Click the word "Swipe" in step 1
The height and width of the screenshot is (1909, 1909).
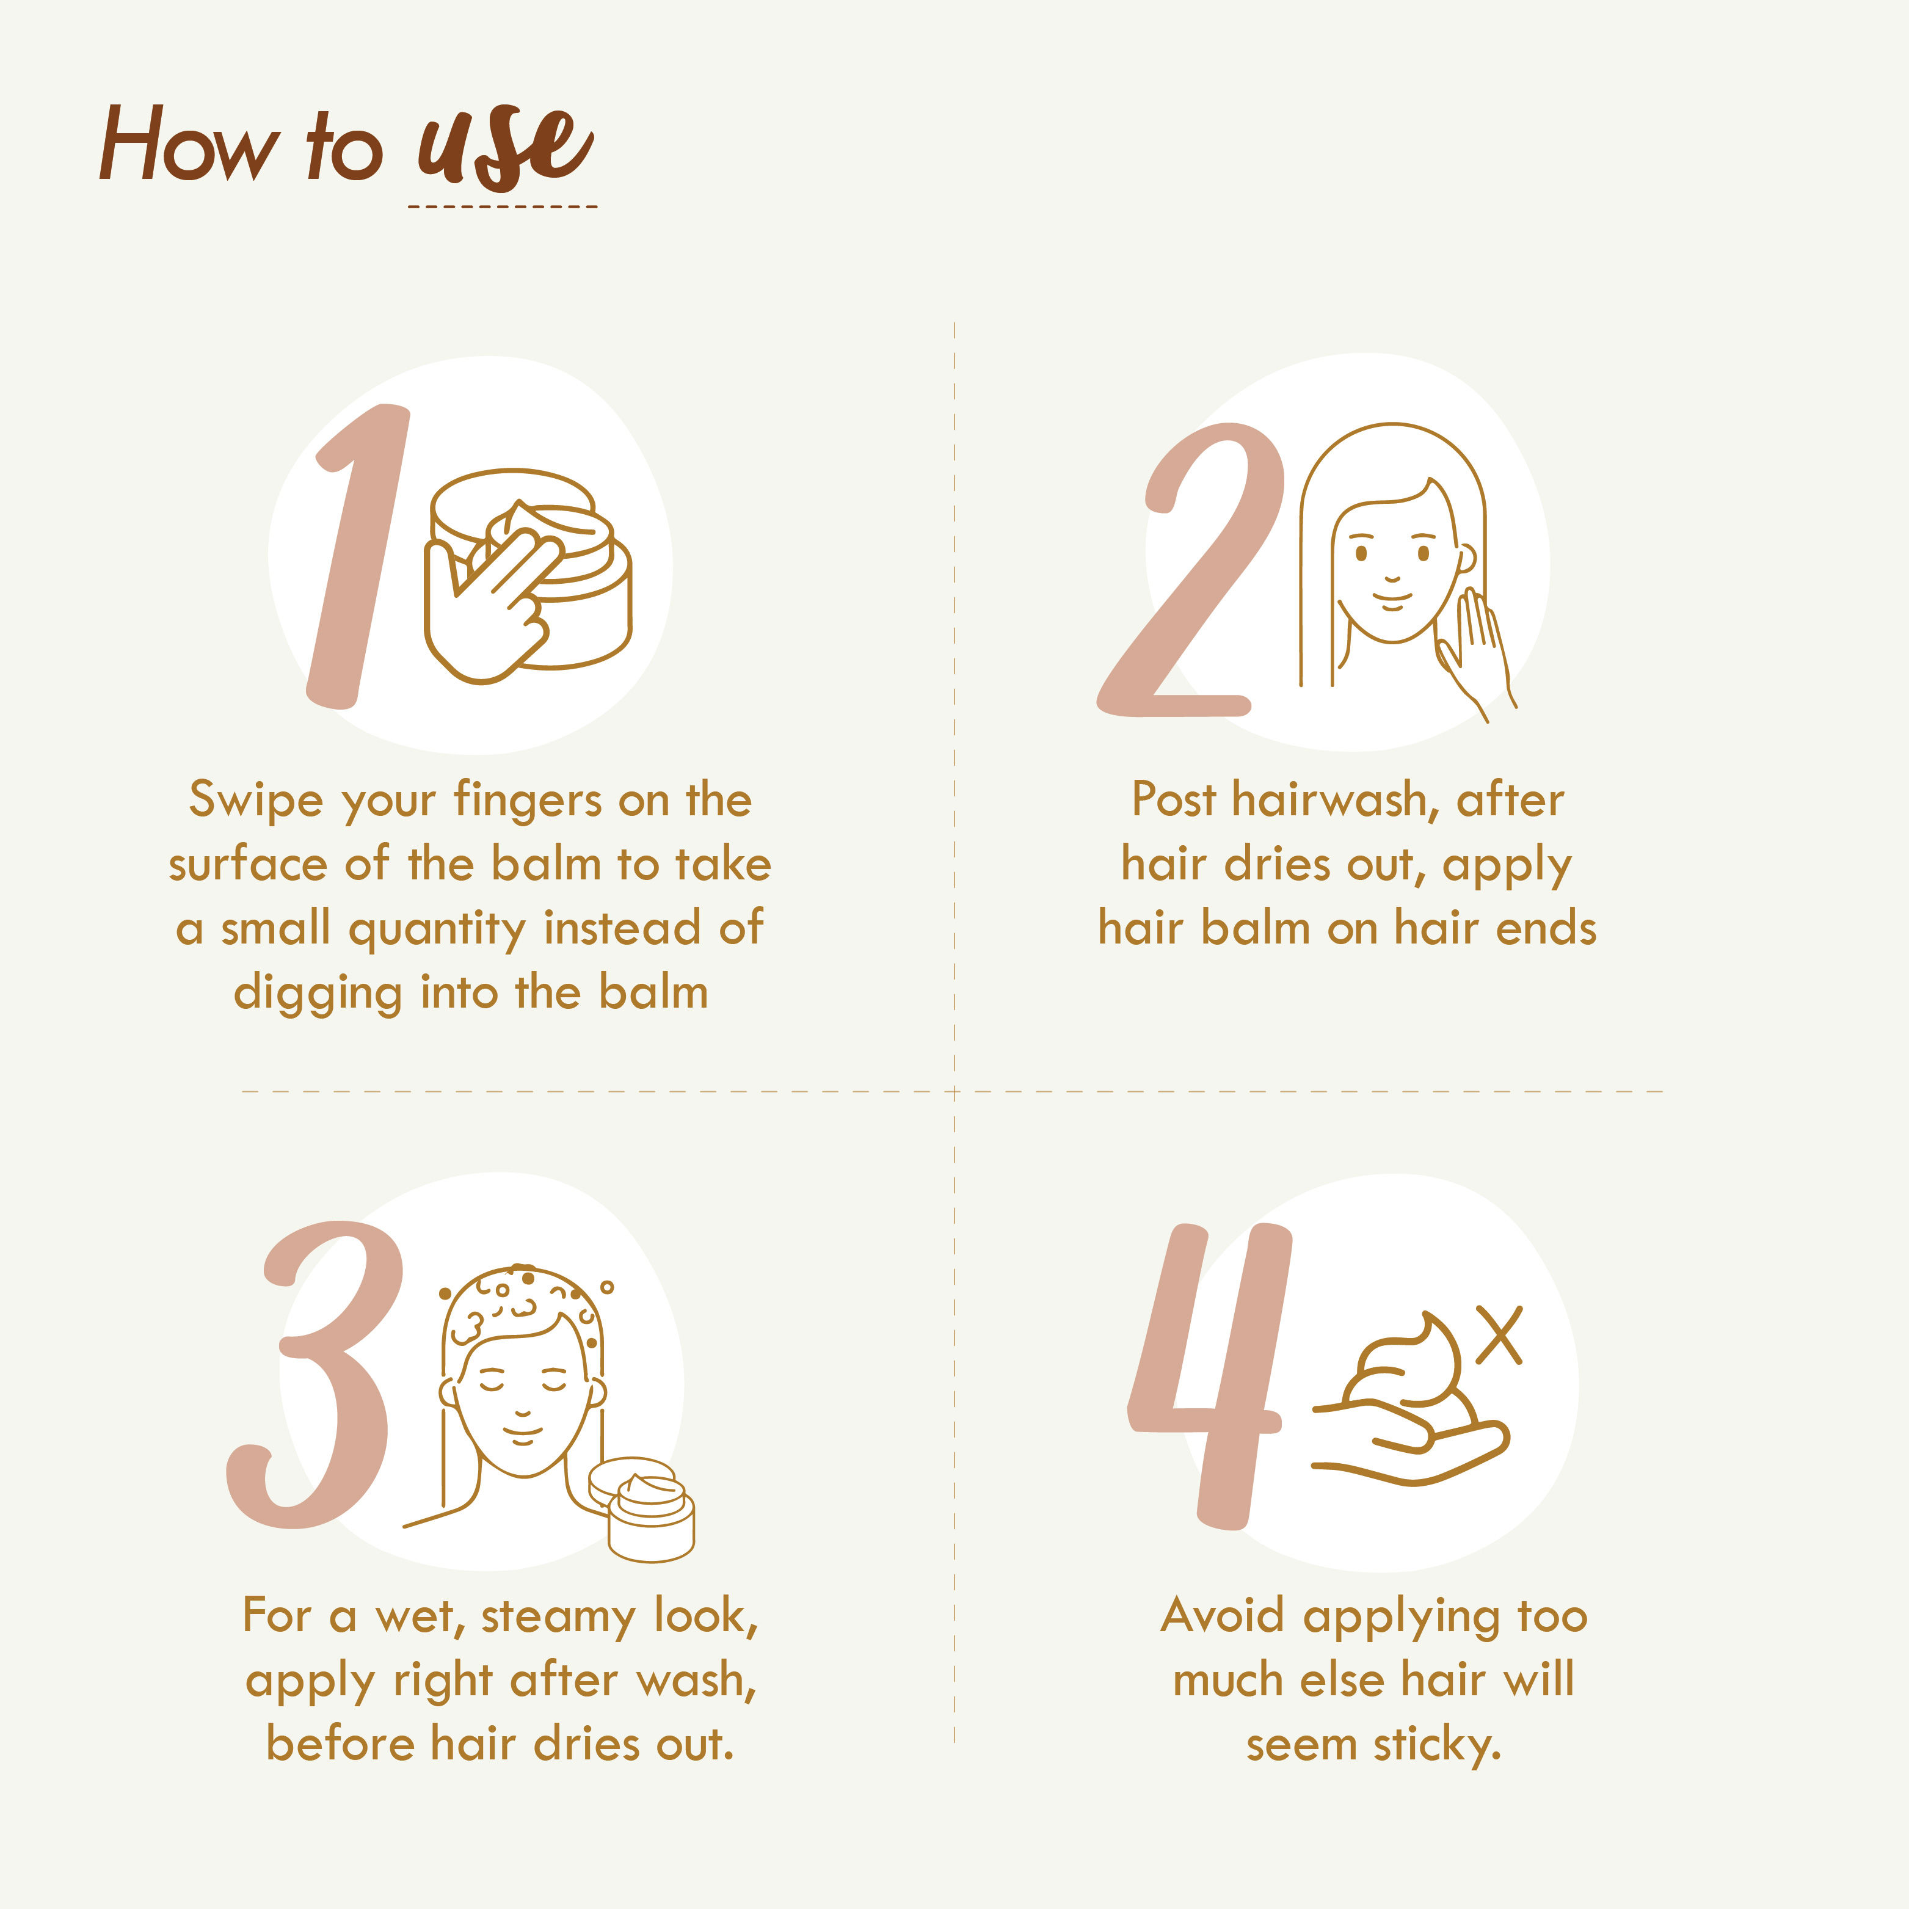(256, 801)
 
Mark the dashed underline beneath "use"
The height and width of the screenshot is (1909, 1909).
(503, 206)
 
